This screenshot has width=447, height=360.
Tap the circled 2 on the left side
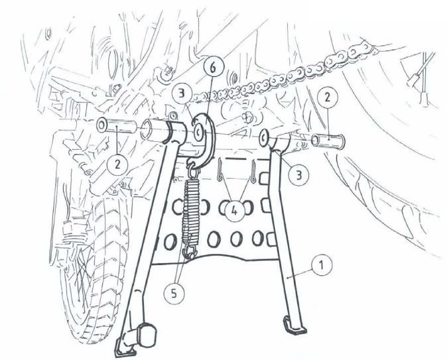click(x=117, y=164)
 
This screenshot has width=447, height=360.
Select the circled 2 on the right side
click(x=328, y=98)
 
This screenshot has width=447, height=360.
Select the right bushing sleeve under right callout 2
click(x=328, y=141)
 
